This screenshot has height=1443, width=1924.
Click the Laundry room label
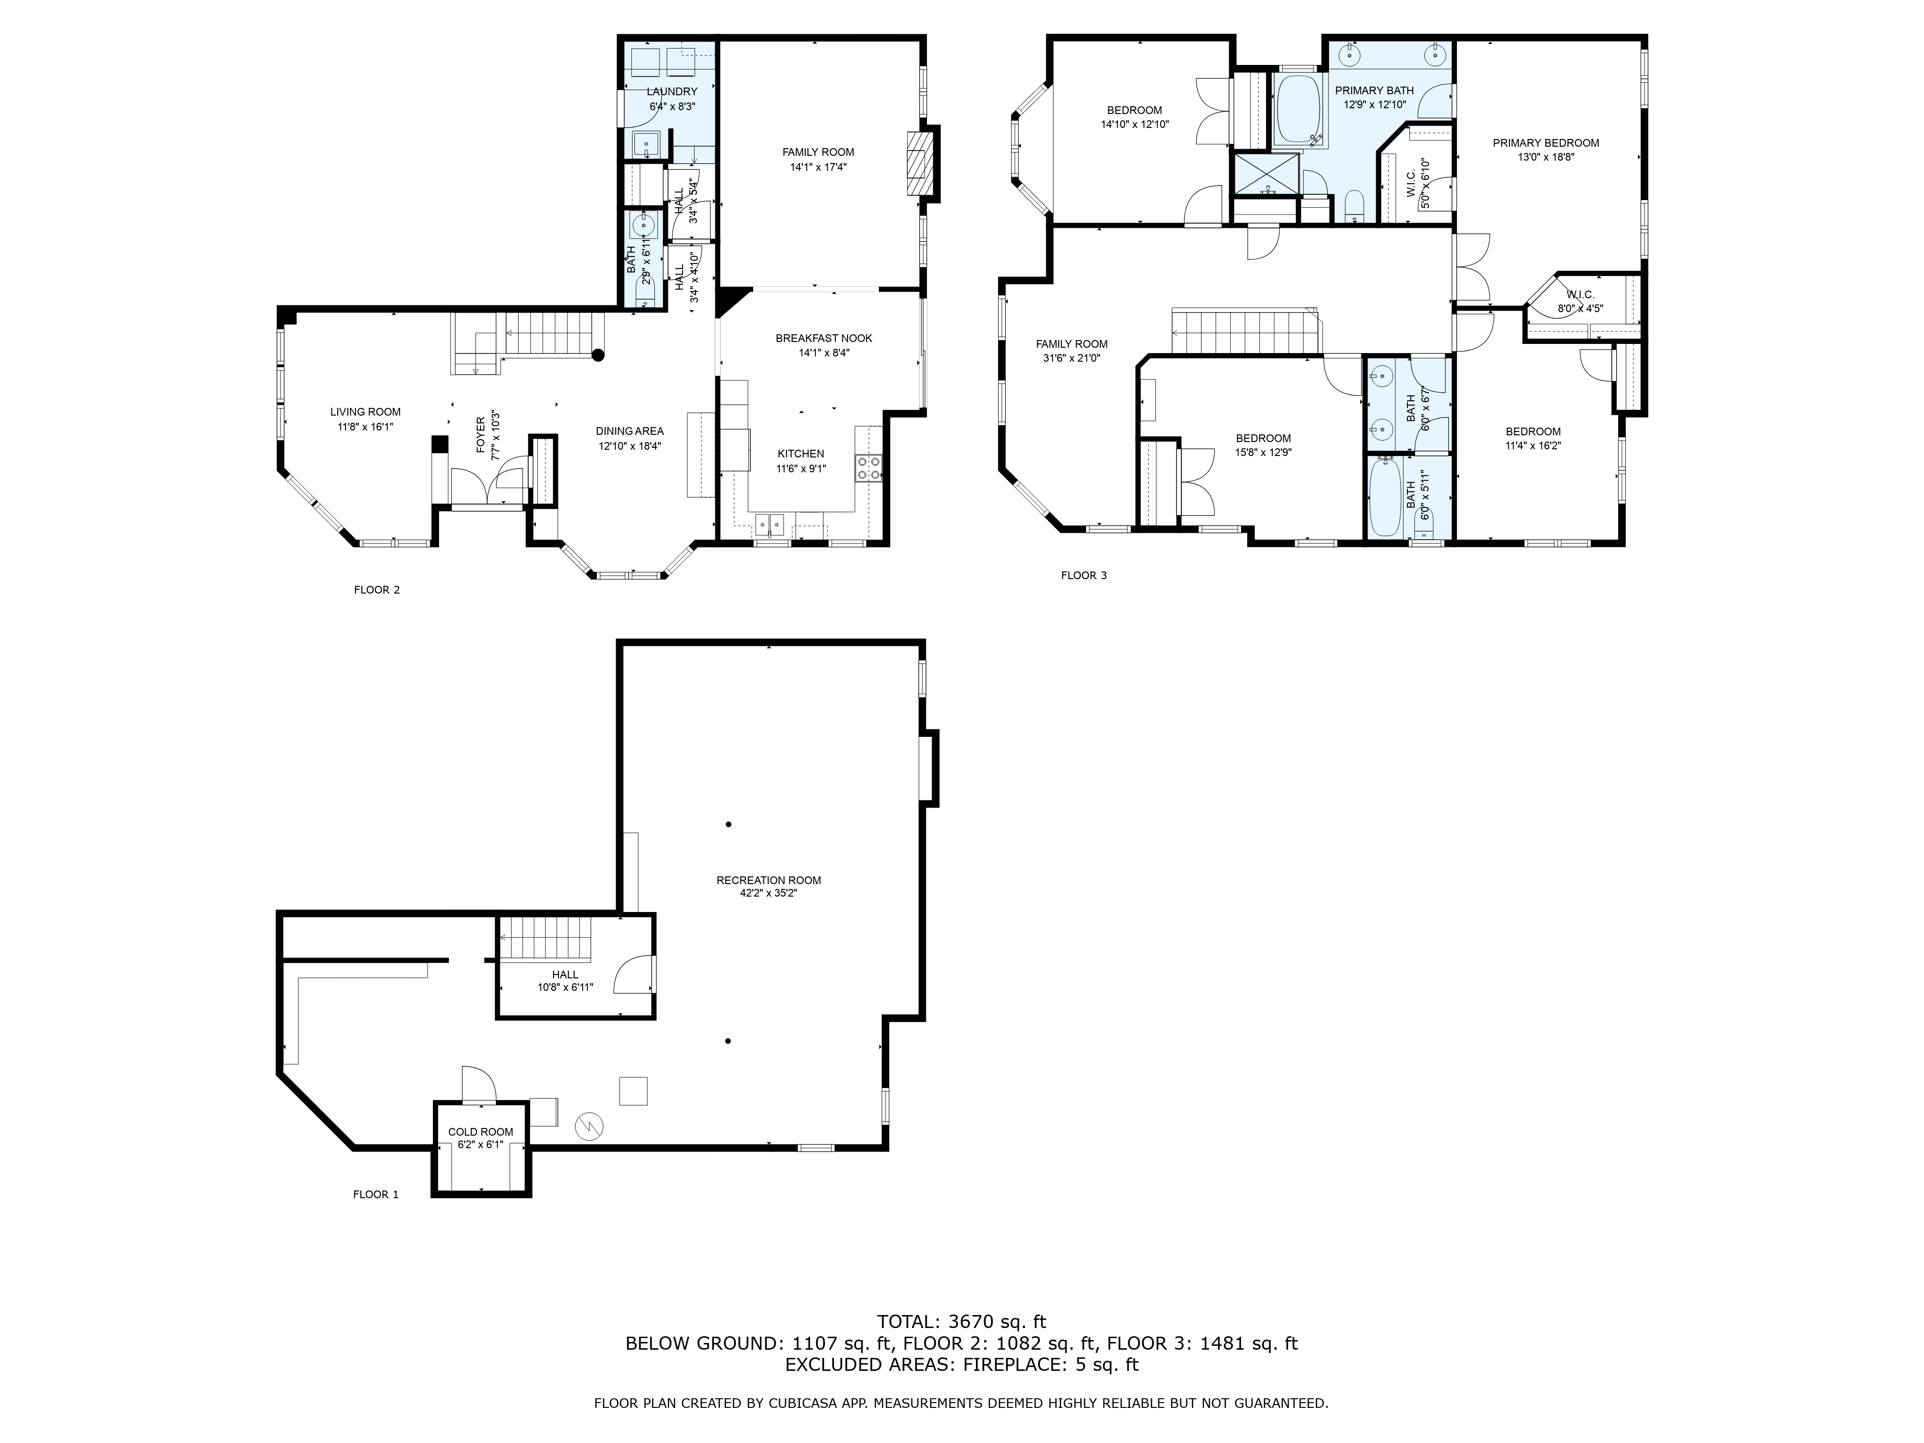(671, 91)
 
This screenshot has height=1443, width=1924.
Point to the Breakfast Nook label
(823, 338)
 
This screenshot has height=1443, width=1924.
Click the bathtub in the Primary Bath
(1299, 111)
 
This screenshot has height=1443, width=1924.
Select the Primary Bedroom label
(1545, 143)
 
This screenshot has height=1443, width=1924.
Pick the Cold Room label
(481, 1132)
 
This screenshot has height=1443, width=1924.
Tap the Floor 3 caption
(1084, 575)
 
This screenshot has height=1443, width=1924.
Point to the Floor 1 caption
(376, 1194)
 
